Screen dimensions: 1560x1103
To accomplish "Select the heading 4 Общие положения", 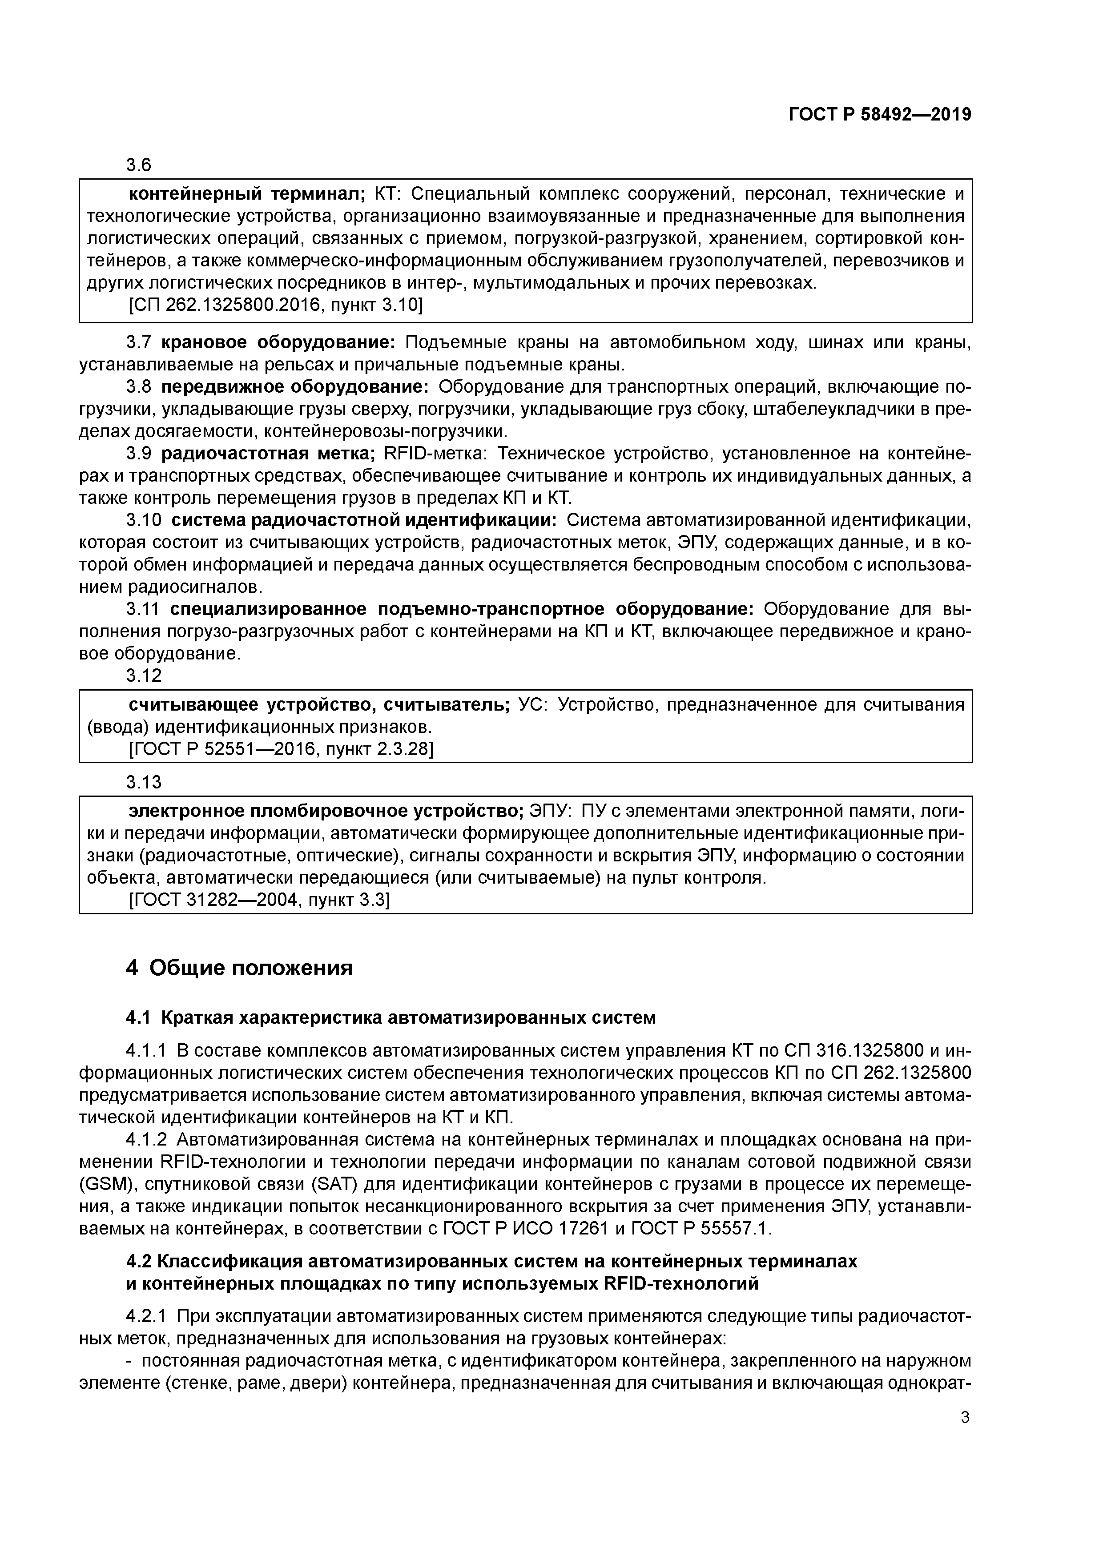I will (x=239, y=968).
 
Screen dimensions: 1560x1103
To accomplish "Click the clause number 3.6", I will (x=139, y=165).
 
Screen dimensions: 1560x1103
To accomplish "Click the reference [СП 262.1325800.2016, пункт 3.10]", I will (x=275, y=306).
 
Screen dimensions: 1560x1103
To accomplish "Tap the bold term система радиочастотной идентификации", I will (x=363, y=520).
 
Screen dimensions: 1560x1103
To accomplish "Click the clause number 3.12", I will (x=144, y=675).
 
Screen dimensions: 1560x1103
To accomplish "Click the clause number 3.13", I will (x=144, y=783).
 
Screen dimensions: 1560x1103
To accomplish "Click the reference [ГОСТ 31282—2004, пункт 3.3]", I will (x=259, y=900).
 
